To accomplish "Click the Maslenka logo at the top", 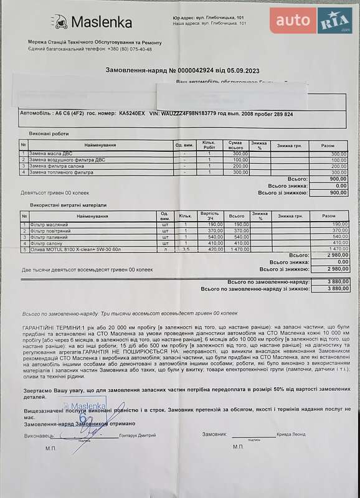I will point(93,22).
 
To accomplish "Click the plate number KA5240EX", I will point(132,114).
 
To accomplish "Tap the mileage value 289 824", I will point(280,114).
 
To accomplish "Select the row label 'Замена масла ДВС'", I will point(50,154).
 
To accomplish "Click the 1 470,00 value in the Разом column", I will point(336,250).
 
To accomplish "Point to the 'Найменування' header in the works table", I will point(100,145).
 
